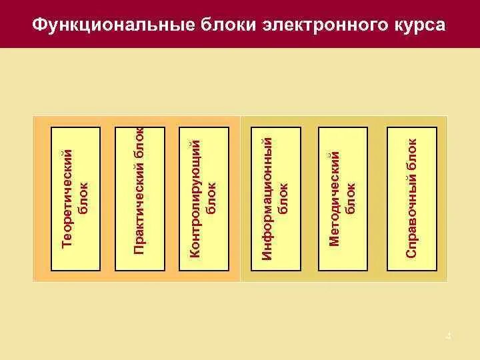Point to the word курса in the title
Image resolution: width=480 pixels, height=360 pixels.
[x=415, y=25]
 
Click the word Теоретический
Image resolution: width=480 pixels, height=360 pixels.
[x=66, y=198]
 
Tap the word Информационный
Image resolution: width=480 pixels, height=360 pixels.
[x=267, y=198]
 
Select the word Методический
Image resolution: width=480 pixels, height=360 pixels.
[x=335, y=198]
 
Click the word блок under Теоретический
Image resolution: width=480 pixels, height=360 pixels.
[x=83, y=198]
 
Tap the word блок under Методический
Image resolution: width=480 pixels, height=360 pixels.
[x=351, y=198]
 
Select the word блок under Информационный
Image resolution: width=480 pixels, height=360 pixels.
[x=283, y=198]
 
